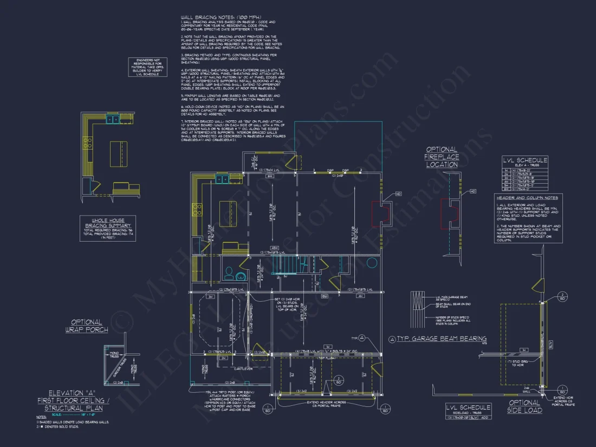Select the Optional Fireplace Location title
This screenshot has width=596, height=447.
coord(442,157)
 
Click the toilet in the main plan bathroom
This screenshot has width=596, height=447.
coord(229,271)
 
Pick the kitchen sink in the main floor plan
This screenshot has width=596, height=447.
coord(222,179)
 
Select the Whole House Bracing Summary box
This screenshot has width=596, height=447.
coord(108,228)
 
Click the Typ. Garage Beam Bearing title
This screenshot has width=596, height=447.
coord(438,339)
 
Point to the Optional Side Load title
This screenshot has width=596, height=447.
coord(524,406)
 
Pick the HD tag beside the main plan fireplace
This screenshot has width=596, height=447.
coord(398,193)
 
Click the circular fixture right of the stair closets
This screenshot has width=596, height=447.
coord(372,263)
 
